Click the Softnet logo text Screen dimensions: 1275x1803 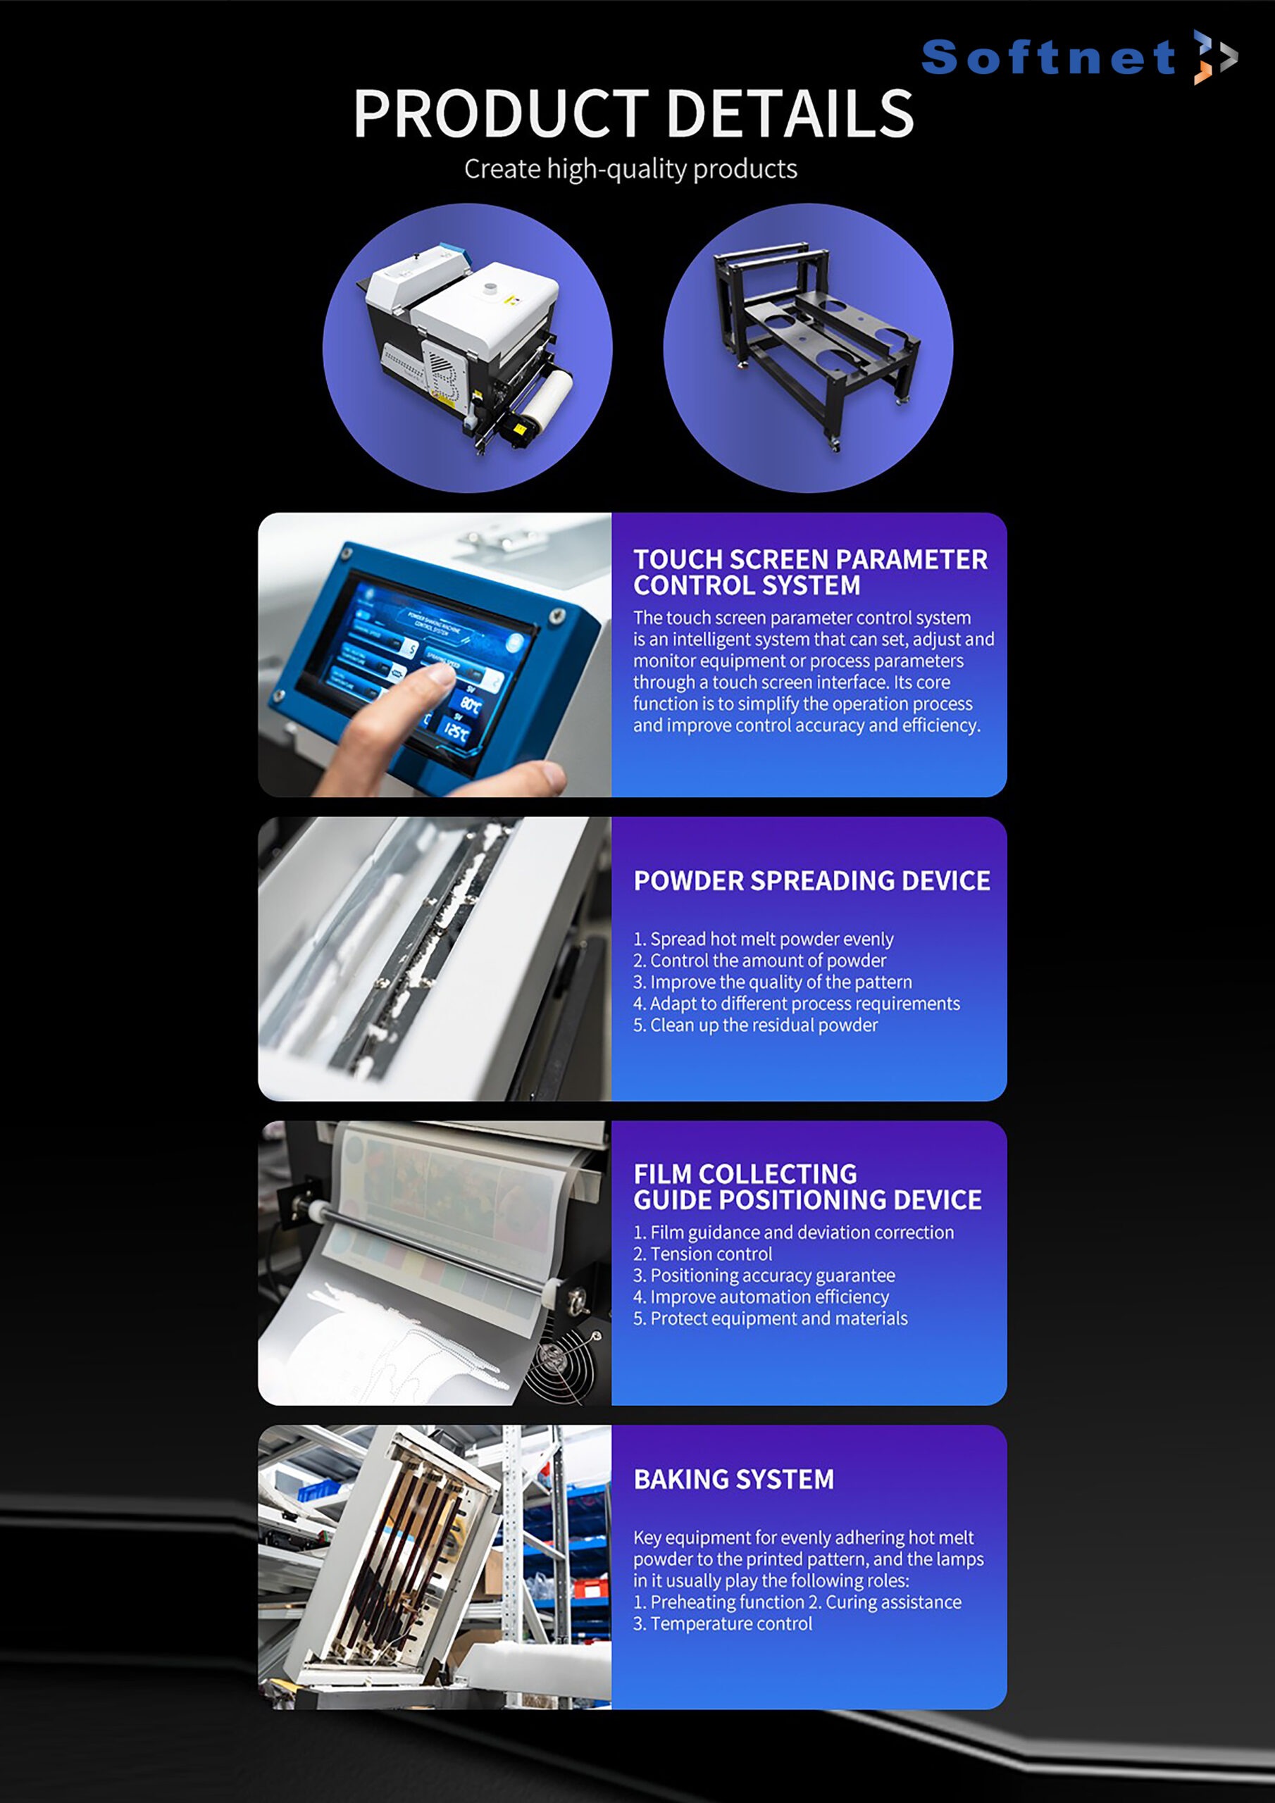[x=1048, y=57]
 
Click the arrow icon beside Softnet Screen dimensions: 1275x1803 [x=1214, y=56]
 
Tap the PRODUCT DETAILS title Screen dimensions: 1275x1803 [x=633, y=113]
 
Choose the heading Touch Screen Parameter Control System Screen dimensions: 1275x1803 [x=811, y=572]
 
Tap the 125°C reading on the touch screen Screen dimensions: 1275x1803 [x=456, y=732]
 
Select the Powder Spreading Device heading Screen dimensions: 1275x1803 [x=811, y=880]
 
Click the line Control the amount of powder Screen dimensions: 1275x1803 [x=759, y=961]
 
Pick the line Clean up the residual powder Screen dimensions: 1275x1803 [x=756, y=1025]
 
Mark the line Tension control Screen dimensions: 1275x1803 [x=703, y=1254]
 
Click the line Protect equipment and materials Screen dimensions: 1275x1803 [x=771, y=1318]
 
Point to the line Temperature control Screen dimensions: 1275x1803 [x=723, y=1623]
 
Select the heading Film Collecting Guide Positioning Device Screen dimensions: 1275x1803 [x=807, y=1187]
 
